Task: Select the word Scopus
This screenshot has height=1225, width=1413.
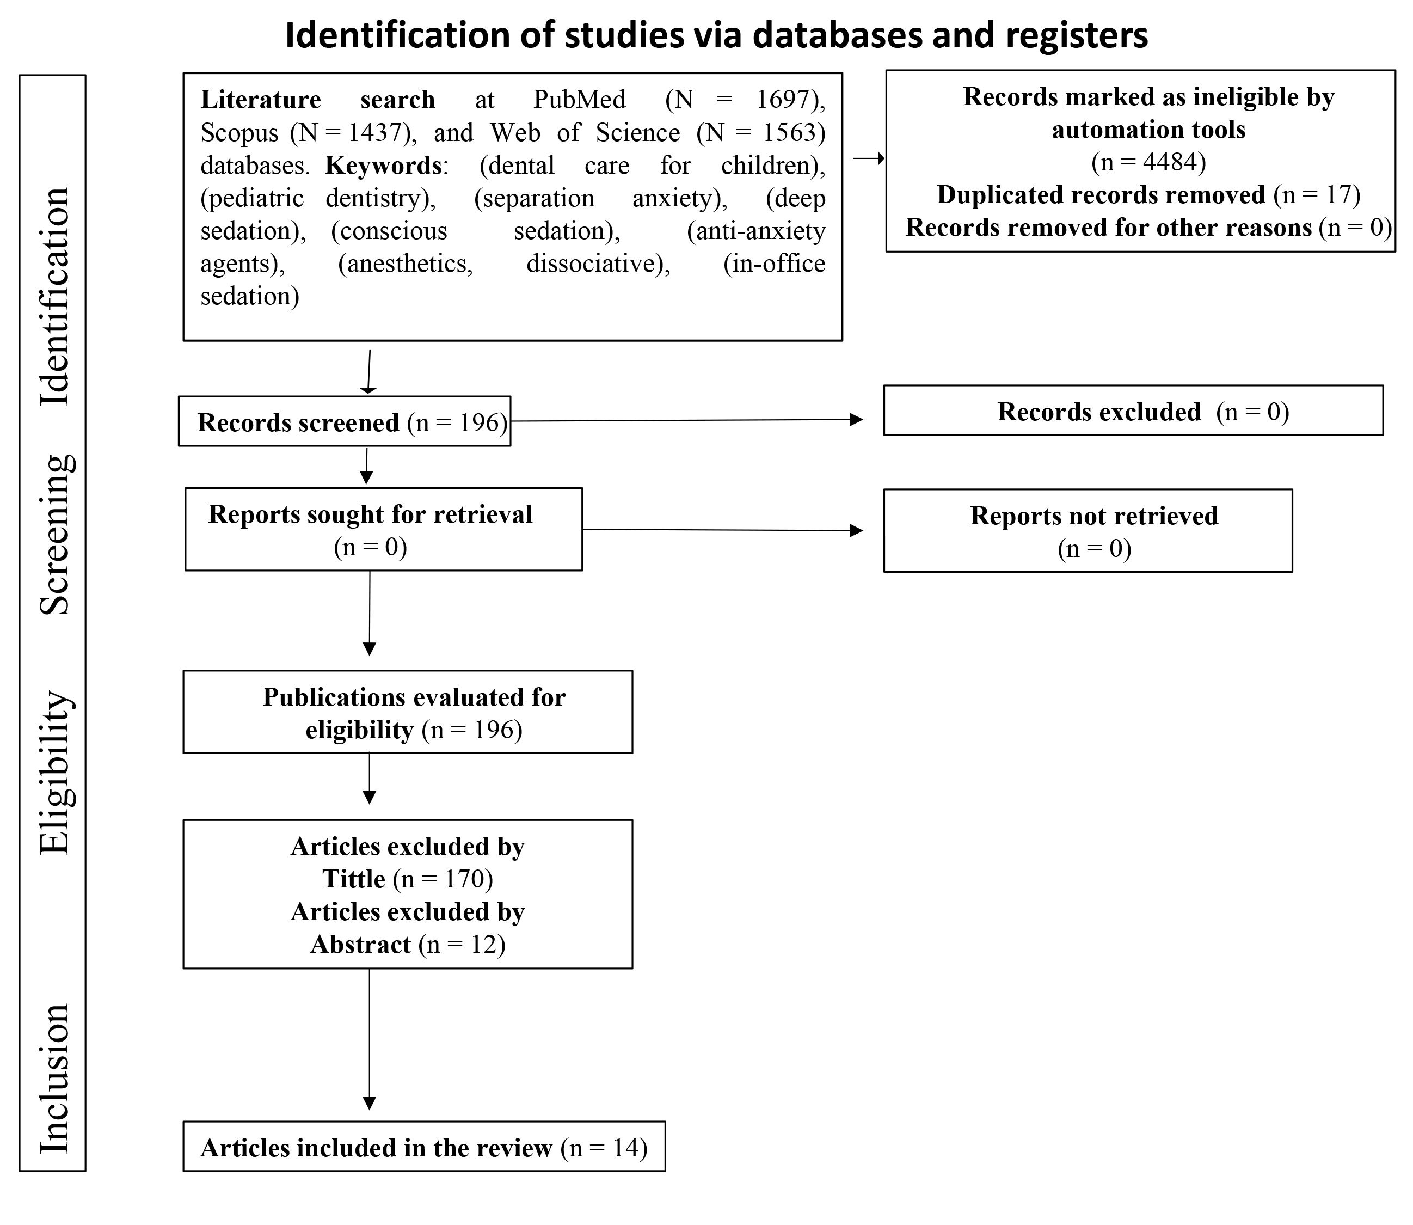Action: [x=239, y=133]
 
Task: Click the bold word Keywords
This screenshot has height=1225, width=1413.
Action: [x=383, y=166]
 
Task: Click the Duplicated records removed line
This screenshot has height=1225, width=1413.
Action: [x=1148, y=195]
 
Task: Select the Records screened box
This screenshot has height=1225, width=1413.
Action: [x=345, y=421]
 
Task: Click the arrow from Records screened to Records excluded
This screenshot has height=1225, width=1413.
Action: [x=687, y=420]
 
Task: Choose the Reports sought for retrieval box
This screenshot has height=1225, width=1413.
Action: [x=383, y=529]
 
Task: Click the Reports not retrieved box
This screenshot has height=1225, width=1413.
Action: [x=1088, y=530]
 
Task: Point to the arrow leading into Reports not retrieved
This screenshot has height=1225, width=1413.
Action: [x=723, y=530]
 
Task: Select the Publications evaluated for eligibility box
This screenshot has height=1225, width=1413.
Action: [x=407, y=712]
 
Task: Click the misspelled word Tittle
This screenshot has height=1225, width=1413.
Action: [x=354, y=879]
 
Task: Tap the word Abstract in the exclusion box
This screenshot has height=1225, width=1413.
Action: [x=361, y=945]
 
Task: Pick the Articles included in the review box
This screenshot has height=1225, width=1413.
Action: [x=423, y=1148]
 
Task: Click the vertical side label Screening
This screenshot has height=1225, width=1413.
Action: [x=54, y=535]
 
